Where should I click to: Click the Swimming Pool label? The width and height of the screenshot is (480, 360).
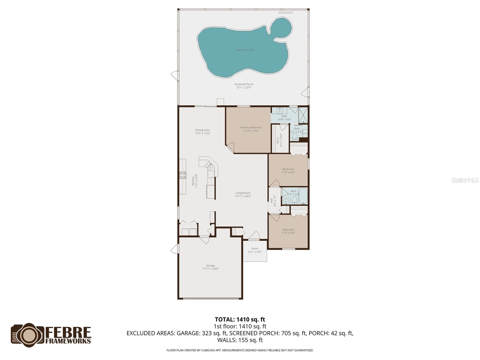pos(244,50)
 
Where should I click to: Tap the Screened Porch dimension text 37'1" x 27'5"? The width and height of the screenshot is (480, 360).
pos(244,88)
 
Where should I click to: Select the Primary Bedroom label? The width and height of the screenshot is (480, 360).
pos(251,127)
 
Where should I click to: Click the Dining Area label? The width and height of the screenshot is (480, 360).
pos(202,130)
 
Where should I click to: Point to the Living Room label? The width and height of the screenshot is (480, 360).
pos(243,193)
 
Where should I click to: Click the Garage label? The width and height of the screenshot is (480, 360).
pos(211,265)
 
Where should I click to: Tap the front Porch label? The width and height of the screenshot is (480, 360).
pos(255,249)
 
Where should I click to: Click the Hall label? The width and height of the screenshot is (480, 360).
pos(271,200)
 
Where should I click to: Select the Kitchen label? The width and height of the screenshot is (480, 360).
pos(193,181)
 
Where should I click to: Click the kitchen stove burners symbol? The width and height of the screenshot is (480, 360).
pos(182,175)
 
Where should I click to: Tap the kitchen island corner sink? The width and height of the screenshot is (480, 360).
pos(209,165)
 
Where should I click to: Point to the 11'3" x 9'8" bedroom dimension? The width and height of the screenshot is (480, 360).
pos(288,233)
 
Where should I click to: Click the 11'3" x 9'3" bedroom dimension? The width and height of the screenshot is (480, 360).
pos(288,172)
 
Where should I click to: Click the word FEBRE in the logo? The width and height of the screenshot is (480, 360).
pos(68,332)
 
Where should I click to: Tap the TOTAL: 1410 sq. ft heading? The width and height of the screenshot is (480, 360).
pos(240,319)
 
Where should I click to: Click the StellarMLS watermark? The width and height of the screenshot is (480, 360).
pos(465,180)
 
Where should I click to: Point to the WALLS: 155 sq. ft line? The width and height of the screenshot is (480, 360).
pos(240,340)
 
